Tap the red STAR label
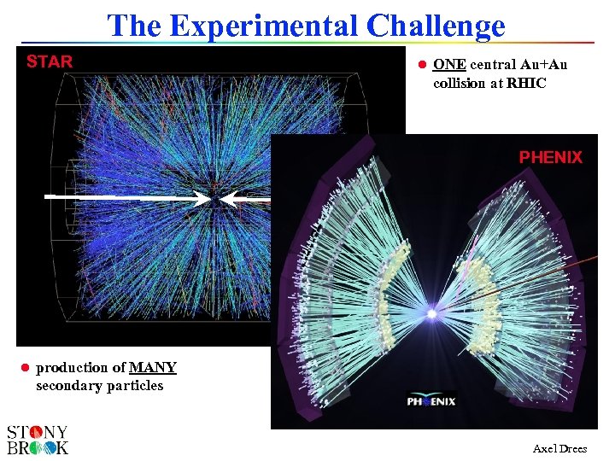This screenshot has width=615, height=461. coord(50,61)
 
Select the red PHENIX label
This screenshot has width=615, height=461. coord(551,157)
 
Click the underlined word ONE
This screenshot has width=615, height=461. coord(449,65)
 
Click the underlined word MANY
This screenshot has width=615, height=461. coord(153,368)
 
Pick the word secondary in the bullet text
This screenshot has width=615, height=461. coord(69,385)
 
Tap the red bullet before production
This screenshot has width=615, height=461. coord(25,368)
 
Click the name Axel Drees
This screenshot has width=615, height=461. coord(559,448)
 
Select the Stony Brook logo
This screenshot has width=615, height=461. coord(38,439)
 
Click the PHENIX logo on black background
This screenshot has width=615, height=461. coord(431,400)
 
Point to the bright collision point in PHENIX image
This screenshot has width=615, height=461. coord(432,314)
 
